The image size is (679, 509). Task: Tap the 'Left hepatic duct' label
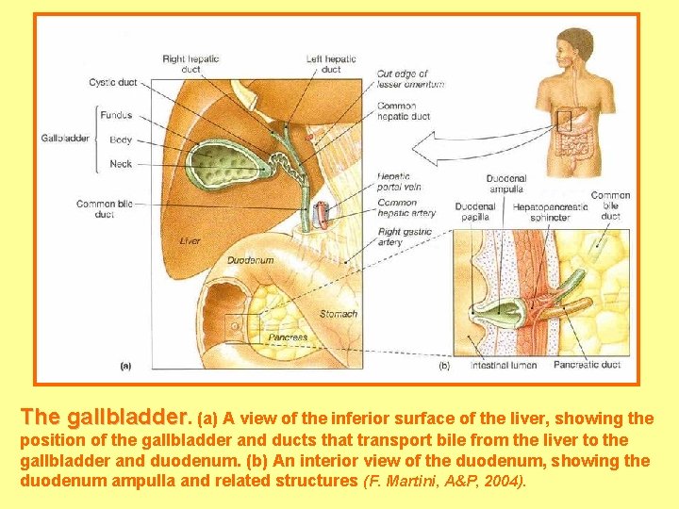tap(330, 63)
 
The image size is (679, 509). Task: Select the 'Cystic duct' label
tap(113, 83)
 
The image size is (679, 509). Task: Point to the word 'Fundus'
tap(117, 116)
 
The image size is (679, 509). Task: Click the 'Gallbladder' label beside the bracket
tap(65, 139)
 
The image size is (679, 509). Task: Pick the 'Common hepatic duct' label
tap(403, 111)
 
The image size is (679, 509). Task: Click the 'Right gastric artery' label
tap(405, 237)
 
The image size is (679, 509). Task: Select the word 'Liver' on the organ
tap(190, 241)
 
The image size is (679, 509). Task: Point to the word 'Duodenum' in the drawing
tap(250, 260)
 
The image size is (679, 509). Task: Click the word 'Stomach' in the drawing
tap(339, 314)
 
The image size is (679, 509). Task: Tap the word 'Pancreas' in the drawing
tap(288, 337)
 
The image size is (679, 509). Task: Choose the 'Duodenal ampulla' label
tap(505, 184)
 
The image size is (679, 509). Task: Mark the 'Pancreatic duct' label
tap(587, 365)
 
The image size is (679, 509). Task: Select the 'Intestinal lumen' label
tap(504, 365)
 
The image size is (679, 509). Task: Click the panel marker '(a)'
tap(125, 365)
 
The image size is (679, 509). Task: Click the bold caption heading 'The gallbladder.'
tap(105, 416)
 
